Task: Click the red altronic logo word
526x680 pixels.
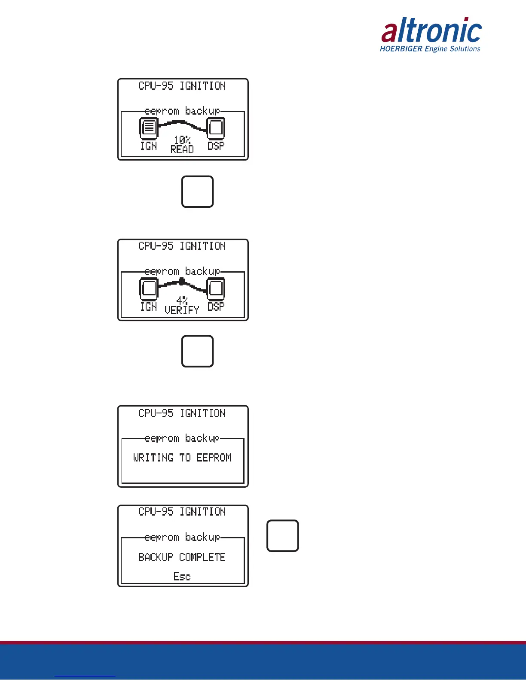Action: click(431, 31)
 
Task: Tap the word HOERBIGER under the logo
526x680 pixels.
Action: click(401, 49)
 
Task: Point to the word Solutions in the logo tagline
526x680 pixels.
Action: click(465, 49)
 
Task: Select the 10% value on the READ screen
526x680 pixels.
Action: click(182, 140)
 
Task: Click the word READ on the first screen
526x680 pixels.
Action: click(182, 149)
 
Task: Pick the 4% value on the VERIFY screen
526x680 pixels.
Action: click(182, 301)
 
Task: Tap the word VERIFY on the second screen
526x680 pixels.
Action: click(182, 310)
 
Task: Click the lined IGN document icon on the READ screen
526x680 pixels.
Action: click(149, 127)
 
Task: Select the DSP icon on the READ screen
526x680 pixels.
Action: click(216, 127)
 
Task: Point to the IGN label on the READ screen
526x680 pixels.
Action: click(149, 146)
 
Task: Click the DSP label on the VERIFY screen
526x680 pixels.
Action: click(216, 307)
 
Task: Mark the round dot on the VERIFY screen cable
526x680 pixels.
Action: click(182, 282)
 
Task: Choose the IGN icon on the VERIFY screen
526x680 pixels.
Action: click(149, 288)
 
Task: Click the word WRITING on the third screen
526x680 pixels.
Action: click(153, 458)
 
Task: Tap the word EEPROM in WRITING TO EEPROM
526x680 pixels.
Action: click(214, 458)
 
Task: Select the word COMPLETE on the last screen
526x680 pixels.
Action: click(202, 557)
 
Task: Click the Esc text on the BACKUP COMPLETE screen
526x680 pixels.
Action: click(182, 577)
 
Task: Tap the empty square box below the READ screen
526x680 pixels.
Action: click(198, 191)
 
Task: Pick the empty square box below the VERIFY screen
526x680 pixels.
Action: click(198, 351)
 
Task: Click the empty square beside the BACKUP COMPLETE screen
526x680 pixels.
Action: click(283, 536)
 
